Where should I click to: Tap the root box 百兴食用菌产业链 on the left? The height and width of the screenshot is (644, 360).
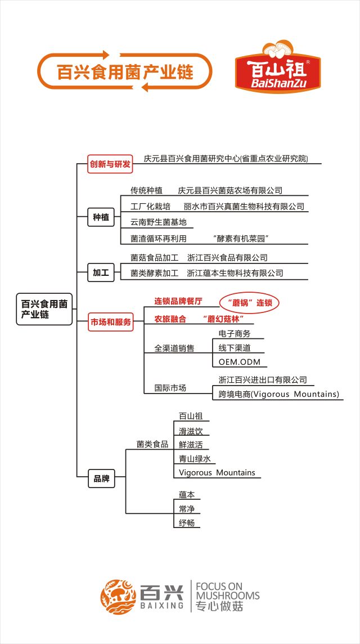pos(44,309)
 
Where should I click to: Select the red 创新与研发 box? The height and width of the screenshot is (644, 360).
pos(110,164)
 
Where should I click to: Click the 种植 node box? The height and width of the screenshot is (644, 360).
pos(101,217)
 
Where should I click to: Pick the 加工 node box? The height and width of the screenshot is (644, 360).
pos(101,272)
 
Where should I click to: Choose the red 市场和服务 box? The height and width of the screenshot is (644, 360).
pos(110,322)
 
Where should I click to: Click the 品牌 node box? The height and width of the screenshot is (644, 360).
pos(101,479)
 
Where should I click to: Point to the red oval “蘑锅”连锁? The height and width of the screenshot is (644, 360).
pos(249,303)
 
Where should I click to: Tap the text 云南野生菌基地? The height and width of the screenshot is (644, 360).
pos(159,222)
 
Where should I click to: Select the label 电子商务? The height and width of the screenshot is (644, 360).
pos(235,333)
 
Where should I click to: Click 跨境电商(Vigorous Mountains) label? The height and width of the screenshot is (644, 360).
pos(279,394)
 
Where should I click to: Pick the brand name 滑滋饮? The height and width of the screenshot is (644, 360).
pos(191,431)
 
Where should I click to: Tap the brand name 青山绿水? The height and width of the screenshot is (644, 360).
pos(195,459)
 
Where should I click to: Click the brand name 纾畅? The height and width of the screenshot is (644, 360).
pos(187,524)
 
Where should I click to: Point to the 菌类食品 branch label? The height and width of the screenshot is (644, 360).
pos(152,444)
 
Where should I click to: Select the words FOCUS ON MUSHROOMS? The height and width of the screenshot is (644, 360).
pos(228,591)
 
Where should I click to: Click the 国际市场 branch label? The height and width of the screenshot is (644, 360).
pos(170,388)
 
